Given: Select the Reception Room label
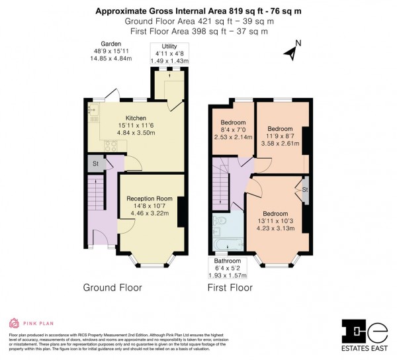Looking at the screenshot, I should [x=150, y=199].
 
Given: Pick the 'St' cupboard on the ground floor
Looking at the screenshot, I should [x=95, y=164].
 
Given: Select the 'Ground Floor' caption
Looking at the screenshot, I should [x=112, y=288].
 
